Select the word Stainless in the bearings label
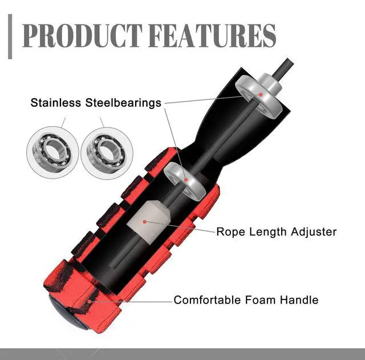pos(56,103)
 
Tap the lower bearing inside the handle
pos(186,180)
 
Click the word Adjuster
pos(314,232)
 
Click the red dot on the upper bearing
pos(261,95)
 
